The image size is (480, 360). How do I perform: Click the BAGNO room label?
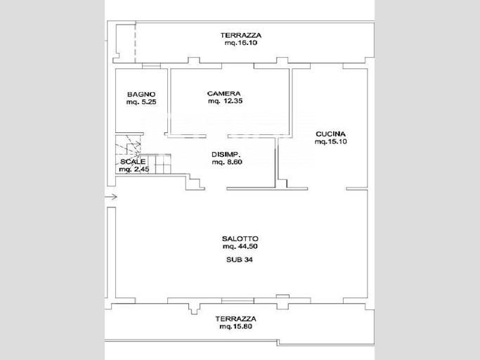(x=141, y=94)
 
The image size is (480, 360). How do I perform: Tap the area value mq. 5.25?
(x=141, y=102)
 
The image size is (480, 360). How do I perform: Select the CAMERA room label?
(x=223, y=94)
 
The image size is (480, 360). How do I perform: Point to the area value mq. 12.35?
(x=226, y=101)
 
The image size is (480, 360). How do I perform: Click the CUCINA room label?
(x=330, y=134)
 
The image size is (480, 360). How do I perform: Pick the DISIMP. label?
(x=226, y=155)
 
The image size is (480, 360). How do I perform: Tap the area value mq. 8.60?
(x=227, y=162)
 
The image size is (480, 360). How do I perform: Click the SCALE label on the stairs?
(x=133, y=162)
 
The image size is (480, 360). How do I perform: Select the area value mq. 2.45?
(x=134, y=169)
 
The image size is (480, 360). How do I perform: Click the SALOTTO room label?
(x=240, y=238)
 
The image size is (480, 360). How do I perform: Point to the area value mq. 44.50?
(x=240, y=246)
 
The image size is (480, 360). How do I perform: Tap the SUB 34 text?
(x=240, y=260)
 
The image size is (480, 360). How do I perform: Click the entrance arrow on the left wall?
(x=111, y=197)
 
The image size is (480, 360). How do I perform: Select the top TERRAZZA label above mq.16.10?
(x=241, y=35)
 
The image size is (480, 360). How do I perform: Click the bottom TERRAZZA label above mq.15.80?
(x=235, y=319)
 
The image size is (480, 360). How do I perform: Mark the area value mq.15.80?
(x=235, y=327)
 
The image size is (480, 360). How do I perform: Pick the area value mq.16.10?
(x=241, y=43)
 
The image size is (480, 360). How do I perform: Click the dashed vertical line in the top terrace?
(x=136, y=42)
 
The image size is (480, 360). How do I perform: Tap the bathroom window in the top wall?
(x=151, y=66)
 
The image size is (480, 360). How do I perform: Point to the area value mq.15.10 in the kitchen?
(x=330, y=141)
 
